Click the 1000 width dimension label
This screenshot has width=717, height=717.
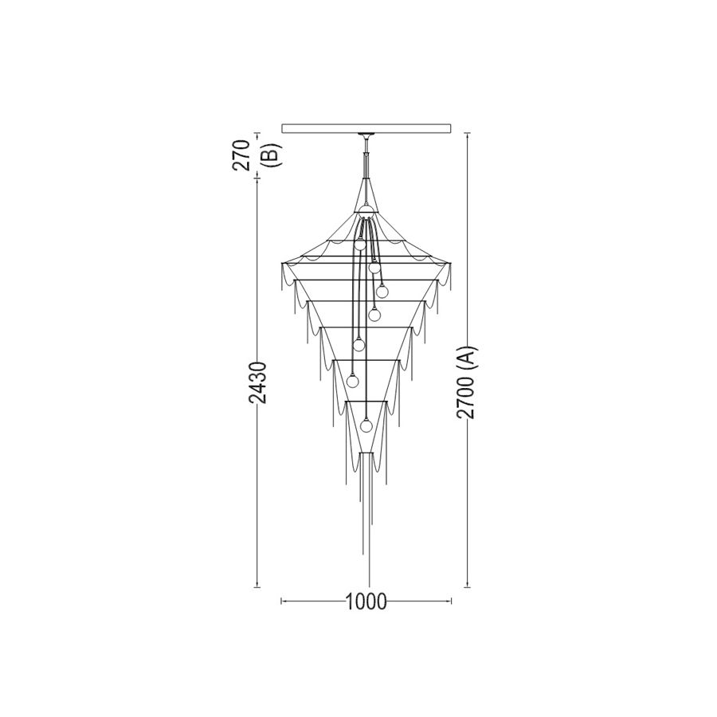pos(366,601)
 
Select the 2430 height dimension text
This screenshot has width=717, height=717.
pos(257,382)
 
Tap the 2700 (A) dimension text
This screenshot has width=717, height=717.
pos(467,382)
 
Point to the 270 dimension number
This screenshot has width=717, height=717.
pos(241,155)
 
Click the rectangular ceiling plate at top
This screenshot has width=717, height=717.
pos(366,128)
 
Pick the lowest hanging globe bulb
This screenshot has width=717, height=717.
pos(366,425)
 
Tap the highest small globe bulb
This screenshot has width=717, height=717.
pos(360,244)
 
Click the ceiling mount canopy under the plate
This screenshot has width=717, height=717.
pos(366,135)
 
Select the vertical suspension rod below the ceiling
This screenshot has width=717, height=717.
pos(366,159)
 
